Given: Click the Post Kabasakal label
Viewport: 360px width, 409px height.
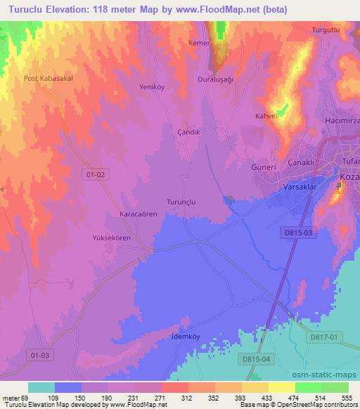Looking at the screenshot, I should pyautogui.click(x=49, y=79).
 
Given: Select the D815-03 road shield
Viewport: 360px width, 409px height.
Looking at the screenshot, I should pyautogui.click(x=298, y=231).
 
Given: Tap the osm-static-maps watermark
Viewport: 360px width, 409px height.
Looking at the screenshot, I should pyautogui.click(x=331, y=375).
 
